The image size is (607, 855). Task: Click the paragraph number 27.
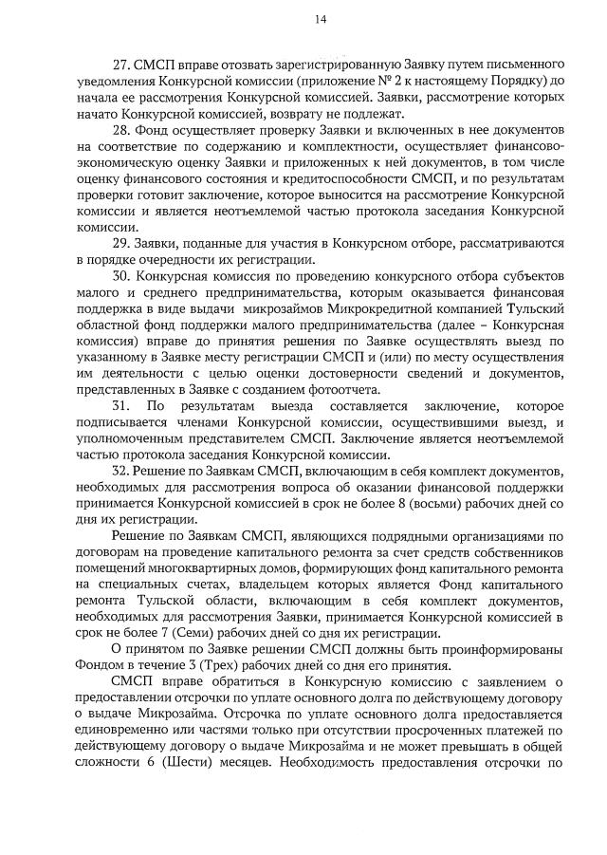point(120,65)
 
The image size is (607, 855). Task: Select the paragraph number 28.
point(120,130)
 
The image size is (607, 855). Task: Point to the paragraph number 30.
point(120,276)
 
